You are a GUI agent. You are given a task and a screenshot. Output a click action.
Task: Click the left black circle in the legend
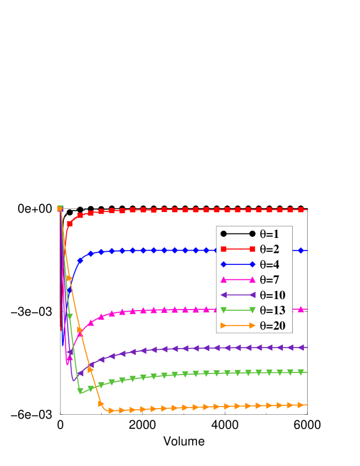tap(224, 234)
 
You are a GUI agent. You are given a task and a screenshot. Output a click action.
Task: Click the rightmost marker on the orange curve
tap(301, 405)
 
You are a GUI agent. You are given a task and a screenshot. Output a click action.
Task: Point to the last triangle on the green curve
tap(301, 372)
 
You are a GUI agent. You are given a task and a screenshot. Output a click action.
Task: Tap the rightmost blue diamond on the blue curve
tap(301, 251)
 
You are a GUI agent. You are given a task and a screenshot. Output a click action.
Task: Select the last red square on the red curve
tap(301, 210)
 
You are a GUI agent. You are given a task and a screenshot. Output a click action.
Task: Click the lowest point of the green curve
tap(80, 392)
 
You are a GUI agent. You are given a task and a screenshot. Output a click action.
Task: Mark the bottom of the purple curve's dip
tap(73, 380)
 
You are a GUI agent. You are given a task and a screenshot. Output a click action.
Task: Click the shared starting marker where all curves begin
tap(60, 209)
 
